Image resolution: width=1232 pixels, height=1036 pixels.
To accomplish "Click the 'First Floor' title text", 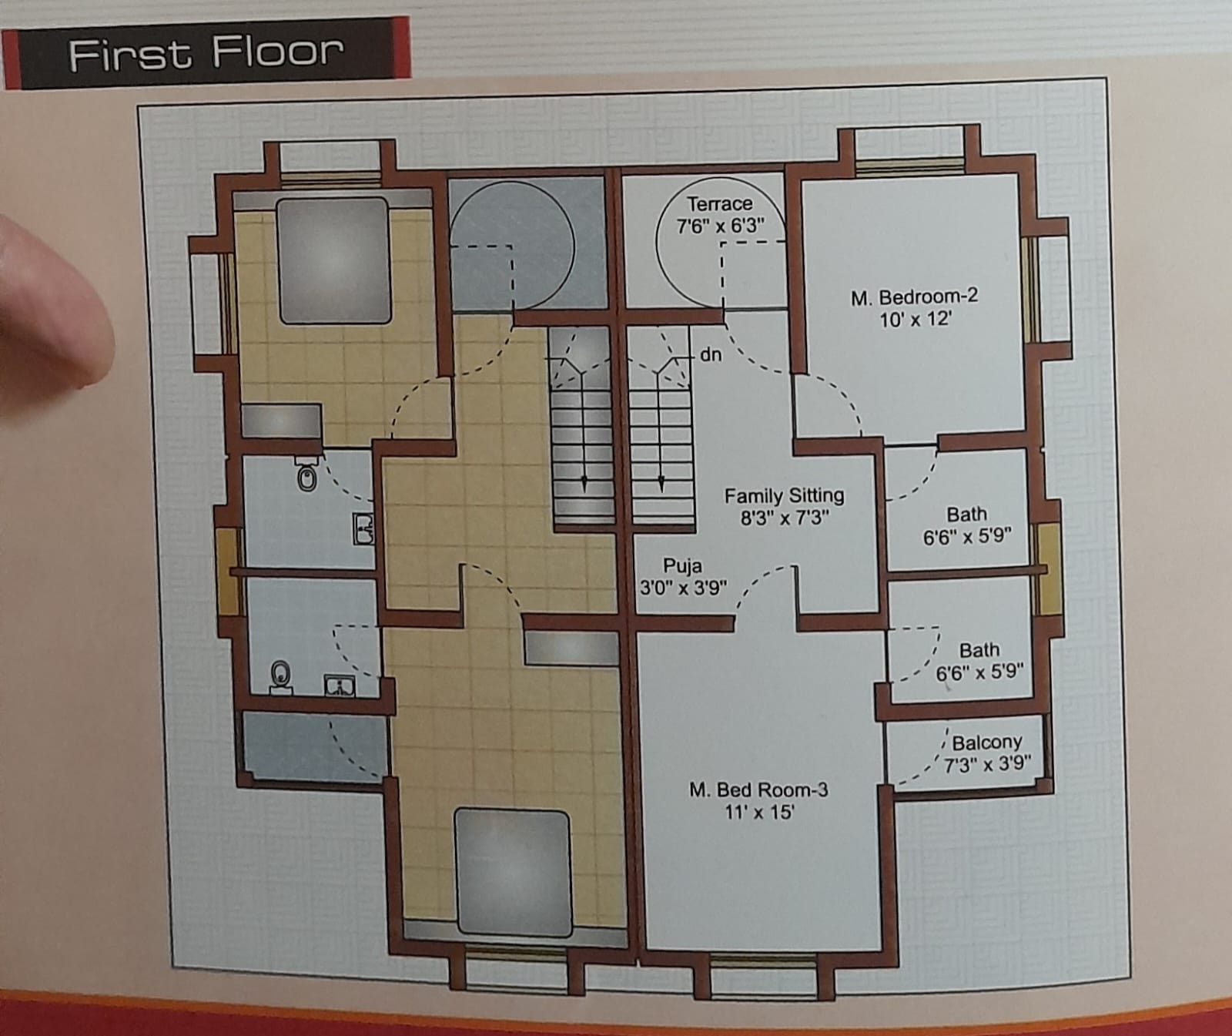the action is [x=206, y=53].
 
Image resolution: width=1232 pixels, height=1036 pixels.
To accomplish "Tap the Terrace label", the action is [x=719, y=204].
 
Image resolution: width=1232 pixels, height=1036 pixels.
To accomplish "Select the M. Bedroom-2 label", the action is [x=914, y=297].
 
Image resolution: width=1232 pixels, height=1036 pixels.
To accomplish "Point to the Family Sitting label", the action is [x=784, y=495].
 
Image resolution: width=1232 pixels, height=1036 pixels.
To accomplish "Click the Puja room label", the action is [x=682, y=566].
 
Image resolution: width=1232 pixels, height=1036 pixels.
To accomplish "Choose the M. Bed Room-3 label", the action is [x=758, y=790].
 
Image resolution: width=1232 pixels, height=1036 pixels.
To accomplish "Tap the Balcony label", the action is [x=987, y=743].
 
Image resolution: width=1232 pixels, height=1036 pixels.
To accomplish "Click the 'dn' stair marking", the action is [x=711, y=355].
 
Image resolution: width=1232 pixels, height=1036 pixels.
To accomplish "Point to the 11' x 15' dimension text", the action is [x=759, y=812].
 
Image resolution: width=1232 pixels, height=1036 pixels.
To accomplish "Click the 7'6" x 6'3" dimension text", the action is [x=720, y=226].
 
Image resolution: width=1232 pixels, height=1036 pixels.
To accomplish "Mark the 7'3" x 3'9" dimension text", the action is [x=987, y=764].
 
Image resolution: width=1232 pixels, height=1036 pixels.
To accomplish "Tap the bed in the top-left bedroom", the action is [x=333, y=260].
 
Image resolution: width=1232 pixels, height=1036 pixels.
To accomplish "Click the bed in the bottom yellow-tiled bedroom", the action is [x=512, y=873].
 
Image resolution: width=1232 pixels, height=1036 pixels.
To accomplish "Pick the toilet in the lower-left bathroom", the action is [x=282, y=677].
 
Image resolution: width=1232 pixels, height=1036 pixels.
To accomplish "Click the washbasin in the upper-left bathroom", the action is [x=363, y=529].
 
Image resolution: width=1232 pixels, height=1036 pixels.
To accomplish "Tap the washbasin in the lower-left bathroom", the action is [x=340, y=685].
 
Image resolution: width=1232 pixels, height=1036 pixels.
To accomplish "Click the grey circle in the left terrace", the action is [x=511, y=243].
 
